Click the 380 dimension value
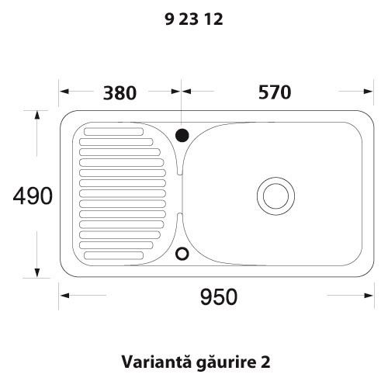[120, 93]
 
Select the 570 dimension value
[274, 92]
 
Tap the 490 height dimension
[33, 196]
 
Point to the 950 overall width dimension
[217, 296]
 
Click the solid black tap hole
[182, 135]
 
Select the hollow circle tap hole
[182, 253]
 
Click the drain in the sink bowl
[275, 194]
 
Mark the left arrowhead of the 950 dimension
[64, 295]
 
